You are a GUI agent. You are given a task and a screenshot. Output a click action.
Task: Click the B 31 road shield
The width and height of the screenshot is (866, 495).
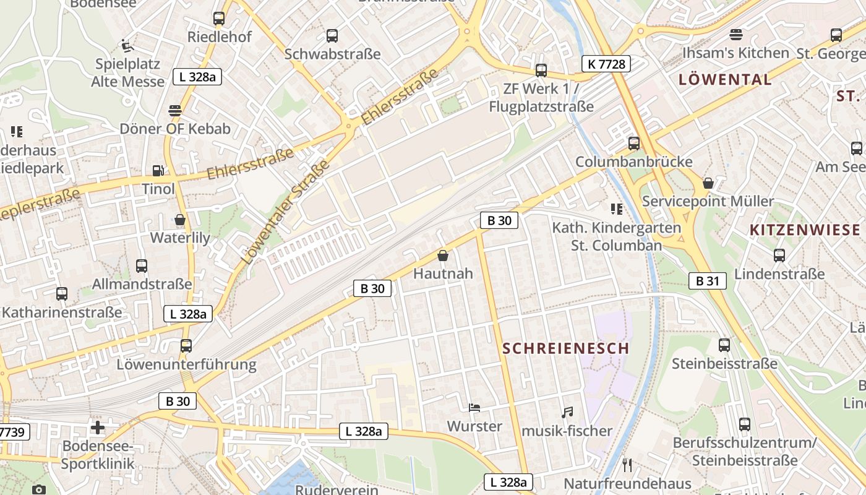tap(708, 281)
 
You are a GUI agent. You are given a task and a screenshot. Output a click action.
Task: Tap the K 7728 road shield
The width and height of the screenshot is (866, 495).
tap(606, 63)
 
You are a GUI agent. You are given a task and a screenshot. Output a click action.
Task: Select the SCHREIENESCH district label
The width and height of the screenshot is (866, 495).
tap(565, 348)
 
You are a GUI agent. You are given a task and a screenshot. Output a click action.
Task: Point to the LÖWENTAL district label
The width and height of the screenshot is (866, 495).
tap(725, 79)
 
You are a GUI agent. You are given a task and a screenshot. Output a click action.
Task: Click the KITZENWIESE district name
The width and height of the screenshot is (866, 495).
tap(805, 230)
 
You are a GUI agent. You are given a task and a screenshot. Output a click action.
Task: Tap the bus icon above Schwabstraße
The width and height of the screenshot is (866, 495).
tap(332, 36)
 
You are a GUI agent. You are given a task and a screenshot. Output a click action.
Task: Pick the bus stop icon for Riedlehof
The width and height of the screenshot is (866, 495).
tap(219, 19)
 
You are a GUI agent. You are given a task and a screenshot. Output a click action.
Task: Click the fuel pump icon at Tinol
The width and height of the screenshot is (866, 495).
tap(158, 171)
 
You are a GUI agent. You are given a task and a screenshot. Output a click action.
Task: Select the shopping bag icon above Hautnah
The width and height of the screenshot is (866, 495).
tap(443, 255)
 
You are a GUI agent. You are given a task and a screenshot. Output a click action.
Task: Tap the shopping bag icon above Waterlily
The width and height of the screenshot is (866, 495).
tap(180, 220)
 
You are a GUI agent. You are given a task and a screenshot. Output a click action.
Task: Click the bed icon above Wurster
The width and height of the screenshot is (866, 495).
tap(474, 408)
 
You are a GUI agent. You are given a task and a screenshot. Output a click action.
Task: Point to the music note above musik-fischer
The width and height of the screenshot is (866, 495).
tap(567, 412)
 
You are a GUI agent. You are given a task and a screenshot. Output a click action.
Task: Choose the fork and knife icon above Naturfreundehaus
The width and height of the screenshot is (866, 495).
tap(627, 465)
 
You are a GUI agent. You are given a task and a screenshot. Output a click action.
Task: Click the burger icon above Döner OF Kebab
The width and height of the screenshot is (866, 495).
tap(175, 111)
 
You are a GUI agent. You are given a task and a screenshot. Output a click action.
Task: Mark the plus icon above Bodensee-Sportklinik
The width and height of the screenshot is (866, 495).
tap(98, 428)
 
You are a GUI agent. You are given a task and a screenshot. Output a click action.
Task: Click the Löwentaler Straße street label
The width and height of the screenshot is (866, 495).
tap(286, 212)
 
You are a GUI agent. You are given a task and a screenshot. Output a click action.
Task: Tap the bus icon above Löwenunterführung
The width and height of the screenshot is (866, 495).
tap(186, 346)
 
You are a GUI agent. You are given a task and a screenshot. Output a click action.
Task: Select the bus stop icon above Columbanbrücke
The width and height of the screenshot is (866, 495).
tap(634, 144)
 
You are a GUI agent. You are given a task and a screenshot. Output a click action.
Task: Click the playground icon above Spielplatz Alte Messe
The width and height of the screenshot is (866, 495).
tap(127, 46)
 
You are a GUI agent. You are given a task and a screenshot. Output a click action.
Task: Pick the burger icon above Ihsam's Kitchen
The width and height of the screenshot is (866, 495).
tap(735, 35)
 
